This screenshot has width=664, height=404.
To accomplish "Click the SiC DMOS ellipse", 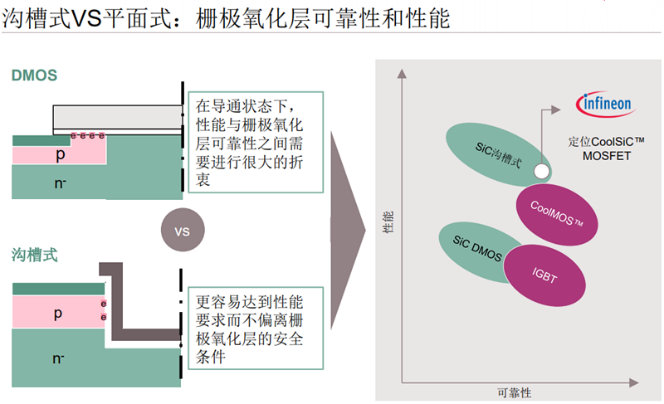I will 474,246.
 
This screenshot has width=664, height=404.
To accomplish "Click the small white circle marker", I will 541,172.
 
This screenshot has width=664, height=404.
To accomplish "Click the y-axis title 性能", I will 388,225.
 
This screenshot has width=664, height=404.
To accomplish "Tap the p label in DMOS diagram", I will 60,154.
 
